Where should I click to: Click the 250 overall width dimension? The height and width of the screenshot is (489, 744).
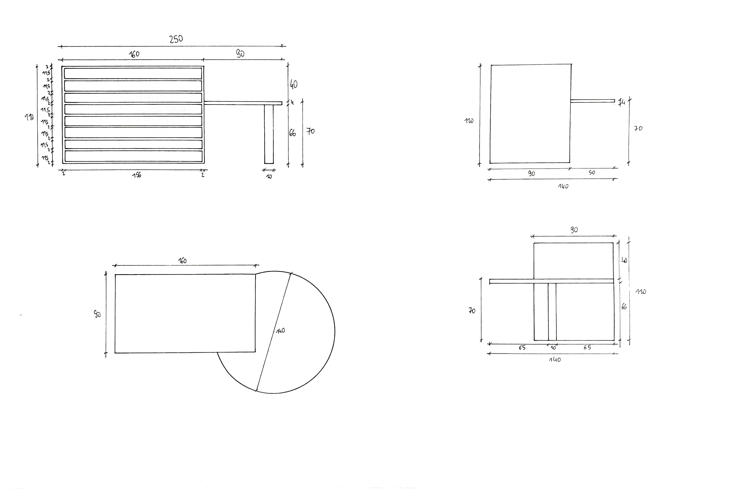coord(176,39)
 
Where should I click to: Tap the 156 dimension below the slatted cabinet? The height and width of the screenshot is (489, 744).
coord(137,175)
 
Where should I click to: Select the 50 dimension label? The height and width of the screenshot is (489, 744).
coord(592,173)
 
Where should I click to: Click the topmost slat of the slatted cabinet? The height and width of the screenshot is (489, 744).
coord(133,74)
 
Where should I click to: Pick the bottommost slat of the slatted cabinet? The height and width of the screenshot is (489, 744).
coord(133,156)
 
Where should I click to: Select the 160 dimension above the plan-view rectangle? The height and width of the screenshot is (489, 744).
coord(182,260)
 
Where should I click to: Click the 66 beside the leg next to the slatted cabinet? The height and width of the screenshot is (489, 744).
coord(292,133)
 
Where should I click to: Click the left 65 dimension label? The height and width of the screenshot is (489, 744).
coord(522,348)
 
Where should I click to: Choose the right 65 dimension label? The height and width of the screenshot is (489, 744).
coord(587,347)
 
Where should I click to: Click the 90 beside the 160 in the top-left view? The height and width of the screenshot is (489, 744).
coord(240,54)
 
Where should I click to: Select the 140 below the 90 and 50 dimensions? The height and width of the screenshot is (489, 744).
coord(563,186)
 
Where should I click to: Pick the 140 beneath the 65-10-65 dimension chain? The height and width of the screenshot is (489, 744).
coord(555,360)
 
